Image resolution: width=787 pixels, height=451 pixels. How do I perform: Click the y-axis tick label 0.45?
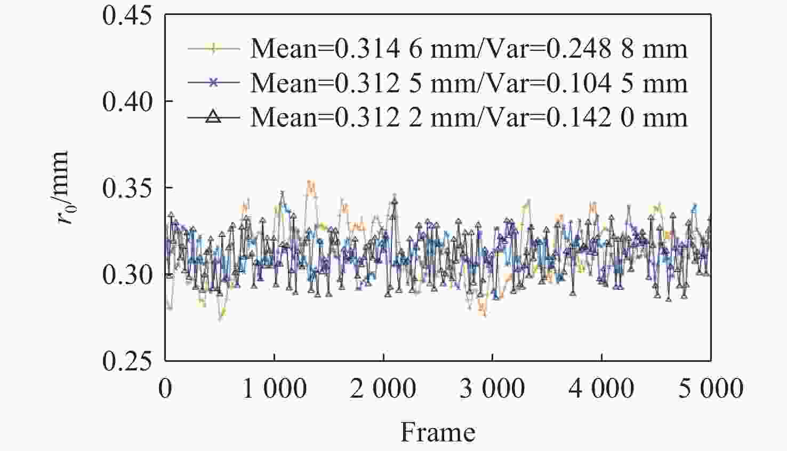coord(127,15)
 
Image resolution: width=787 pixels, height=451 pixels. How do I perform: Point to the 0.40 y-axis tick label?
coord(127,101)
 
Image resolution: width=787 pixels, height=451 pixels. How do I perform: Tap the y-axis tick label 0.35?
coord(127,188)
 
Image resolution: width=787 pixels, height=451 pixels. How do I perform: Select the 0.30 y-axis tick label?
coord(127,275)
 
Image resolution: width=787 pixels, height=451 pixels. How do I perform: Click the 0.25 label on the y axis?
coord(127,361)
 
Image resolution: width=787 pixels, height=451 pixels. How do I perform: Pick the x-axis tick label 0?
coord(165,389)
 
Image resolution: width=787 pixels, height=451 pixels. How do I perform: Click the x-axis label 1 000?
coord(274,389)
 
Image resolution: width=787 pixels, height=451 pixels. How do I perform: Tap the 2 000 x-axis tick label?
coord(383,389)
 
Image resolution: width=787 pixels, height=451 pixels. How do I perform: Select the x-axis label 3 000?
coord(492,389)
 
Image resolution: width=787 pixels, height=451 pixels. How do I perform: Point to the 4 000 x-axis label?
coord(601,389)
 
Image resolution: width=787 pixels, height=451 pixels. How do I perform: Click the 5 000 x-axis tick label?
coord(710,389)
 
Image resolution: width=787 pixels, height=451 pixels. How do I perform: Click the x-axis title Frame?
coord(438,432)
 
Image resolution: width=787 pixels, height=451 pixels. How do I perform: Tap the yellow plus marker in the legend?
coord(213,49)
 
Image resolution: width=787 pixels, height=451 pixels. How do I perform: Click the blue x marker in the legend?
coord(213,82)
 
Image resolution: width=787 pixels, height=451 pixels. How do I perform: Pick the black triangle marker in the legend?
coord(213,116)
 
